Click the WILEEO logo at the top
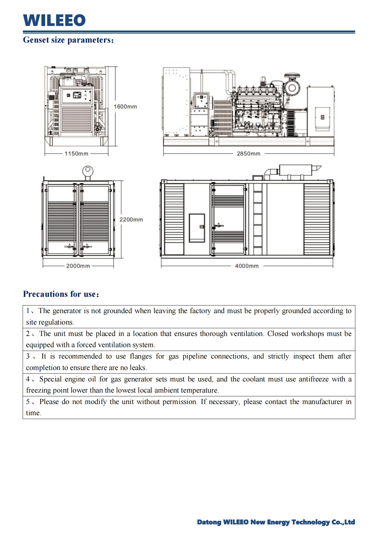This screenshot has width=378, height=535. (54, 20)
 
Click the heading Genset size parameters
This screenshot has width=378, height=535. (68, 40)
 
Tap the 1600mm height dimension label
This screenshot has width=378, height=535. (125, 107)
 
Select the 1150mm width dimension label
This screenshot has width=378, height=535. (76, 154)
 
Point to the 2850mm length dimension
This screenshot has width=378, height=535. (249, 154)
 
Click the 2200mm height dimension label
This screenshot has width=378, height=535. (131, 220)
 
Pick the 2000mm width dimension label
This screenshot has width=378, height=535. (78, 266)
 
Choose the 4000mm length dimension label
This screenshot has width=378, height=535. (247, 266)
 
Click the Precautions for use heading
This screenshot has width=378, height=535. (61, 294)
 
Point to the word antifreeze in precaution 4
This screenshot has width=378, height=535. (313, 379)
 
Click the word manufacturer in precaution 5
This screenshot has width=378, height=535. (322, 402)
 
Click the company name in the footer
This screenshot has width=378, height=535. (276, 522)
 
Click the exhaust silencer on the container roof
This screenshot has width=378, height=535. (295, 170)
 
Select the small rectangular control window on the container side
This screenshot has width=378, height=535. (197, 228)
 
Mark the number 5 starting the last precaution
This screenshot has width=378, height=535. (28, 402)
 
